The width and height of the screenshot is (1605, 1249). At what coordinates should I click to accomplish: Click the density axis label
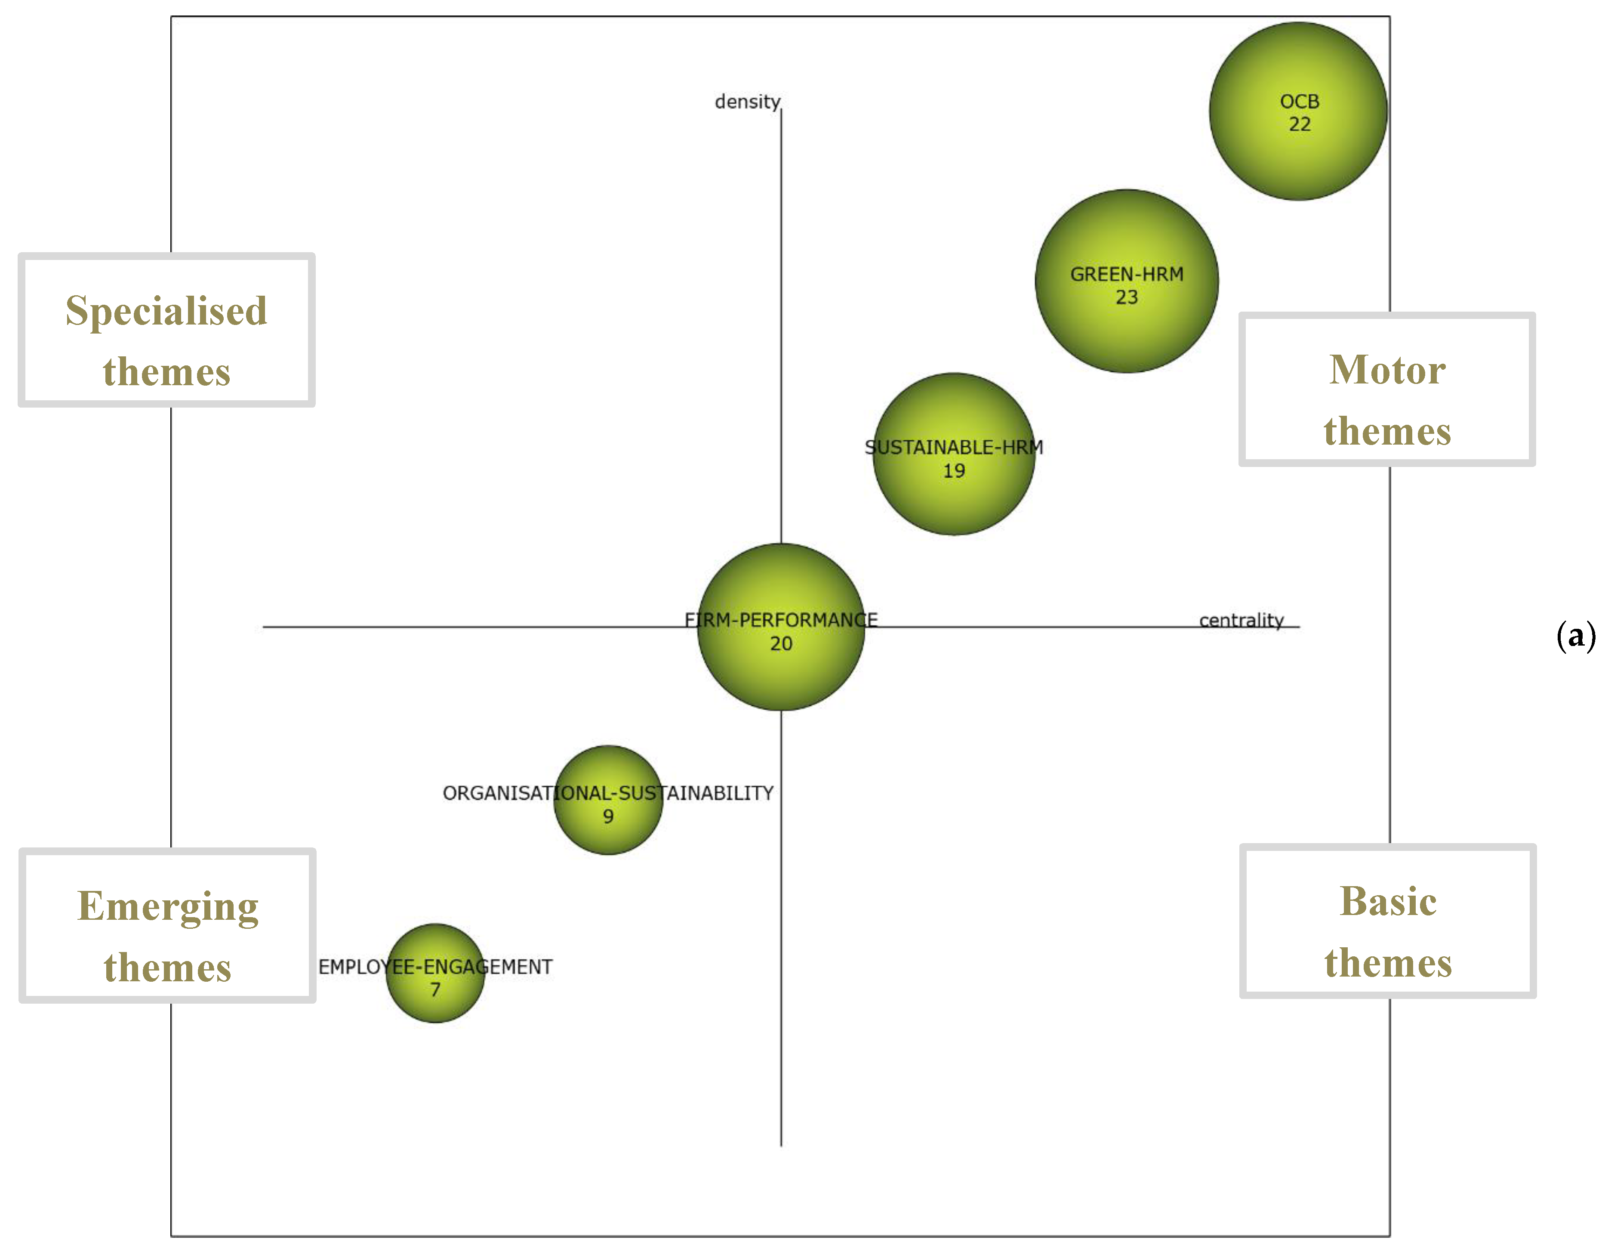click(747, 102)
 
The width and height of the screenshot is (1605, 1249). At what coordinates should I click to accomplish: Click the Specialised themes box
click(167, 330)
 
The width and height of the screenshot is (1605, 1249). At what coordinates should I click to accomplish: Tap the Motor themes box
click(1387, 389)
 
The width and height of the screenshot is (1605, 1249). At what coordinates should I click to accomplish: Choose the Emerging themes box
click(168, 925)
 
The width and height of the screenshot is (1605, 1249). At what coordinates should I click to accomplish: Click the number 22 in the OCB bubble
click(1299, 124)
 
